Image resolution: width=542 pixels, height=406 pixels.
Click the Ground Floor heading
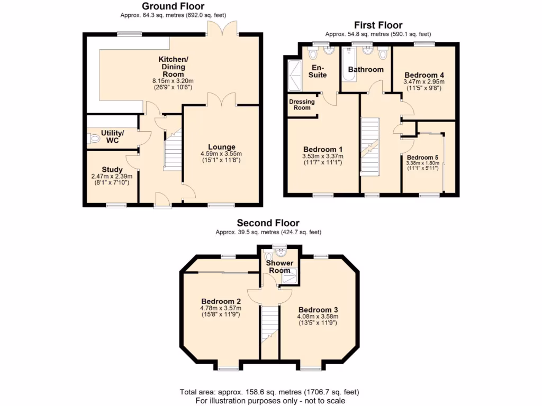[173, 6]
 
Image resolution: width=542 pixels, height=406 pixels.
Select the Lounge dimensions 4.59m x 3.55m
[221, 154]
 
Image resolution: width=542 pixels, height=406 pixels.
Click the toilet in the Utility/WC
[94, 139]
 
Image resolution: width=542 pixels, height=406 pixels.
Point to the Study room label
[112, 170]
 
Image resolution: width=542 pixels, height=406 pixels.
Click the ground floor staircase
[173, 151]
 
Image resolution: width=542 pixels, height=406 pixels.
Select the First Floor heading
[378, 25]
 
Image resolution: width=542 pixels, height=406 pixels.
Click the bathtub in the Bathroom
[349, 64]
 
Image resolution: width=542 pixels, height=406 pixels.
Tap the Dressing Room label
[302, 105]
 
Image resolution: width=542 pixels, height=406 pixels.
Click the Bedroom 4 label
[423, 75]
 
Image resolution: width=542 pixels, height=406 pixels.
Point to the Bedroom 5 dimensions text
[422, 166]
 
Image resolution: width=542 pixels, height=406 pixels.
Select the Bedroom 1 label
[323, 149]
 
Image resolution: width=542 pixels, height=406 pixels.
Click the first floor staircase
[370, 145]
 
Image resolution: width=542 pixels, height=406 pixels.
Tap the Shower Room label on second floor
[279, 266]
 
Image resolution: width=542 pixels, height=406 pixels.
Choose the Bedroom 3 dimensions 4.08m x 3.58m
[318, 317]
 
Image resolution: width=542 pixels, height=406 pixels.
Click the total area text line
[269, 392]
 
